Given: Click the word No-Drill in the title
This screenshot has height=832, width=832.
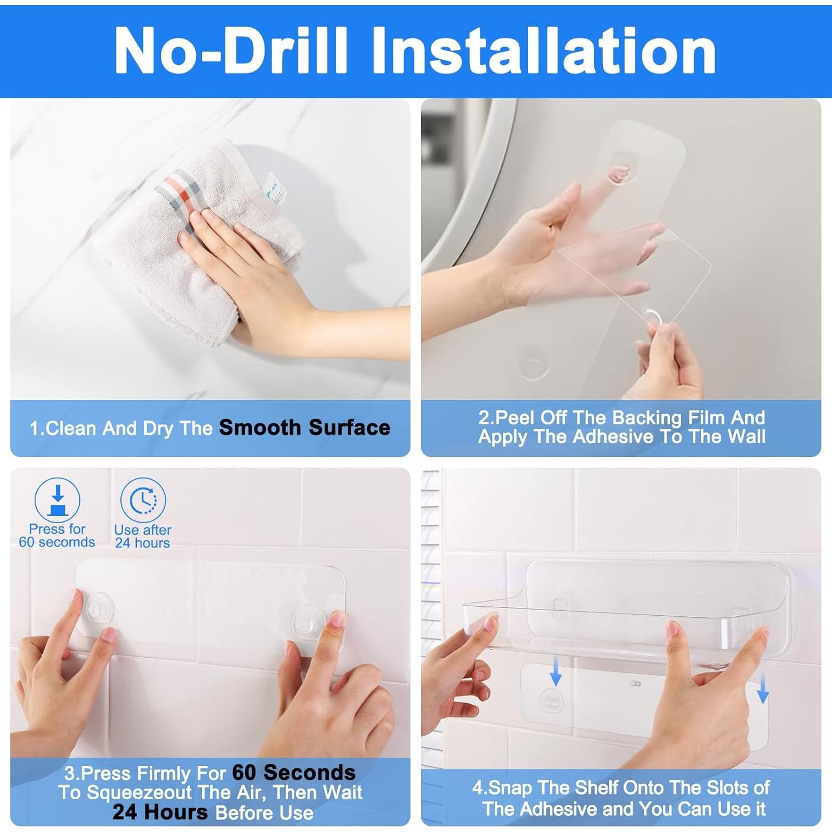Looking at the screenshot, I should point(230,51).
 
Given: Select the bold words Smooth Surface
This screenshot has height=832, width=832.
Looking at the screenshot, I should point(305,428).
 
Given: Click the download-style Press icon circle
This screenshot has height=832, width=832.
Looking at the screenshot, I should point(57,500).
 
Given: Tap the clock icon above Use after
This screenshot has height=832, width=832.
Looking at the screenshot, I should point(143,500).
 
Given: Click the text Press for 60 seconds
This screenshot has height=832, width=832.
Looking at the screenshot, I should point(57,536).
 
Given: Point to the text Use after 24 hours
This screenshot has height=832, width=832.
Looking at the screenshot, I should point(143,536).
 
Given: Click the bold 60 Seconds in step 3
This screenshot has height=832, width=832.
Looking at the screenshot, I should point(293,773).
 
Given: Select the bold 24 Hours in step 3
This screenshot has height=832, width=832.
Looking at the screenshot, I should point(160,812).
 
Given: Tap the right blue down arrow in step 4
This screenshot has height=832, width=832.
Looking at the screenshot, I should point(763,687).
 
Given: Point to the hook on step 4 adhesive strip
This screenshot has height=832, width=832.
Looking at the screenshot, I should point(551,702).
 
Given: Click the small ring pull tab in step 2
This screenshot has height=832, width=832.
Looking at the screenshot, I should point(653,318).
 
